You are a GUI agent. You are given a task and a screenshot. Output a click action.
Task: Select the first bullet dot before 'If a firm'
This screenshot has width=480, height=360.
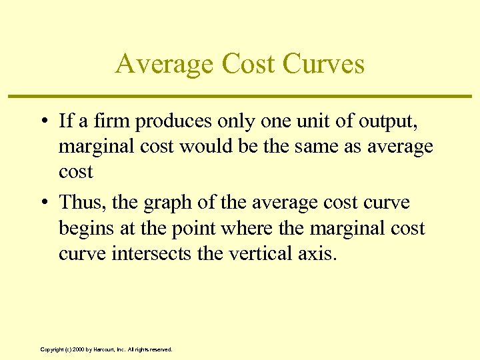pyautogui.click(x=42, y=121)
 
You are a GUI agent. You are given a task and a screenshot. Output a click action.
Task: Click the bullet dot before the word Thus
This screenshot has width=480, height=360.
pyautogui.click(x=42, y=203)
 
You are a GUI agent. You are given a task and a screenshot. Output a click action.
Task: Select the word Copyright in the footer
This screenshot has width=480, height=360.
pyautogui.click(x=52, y=349)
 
